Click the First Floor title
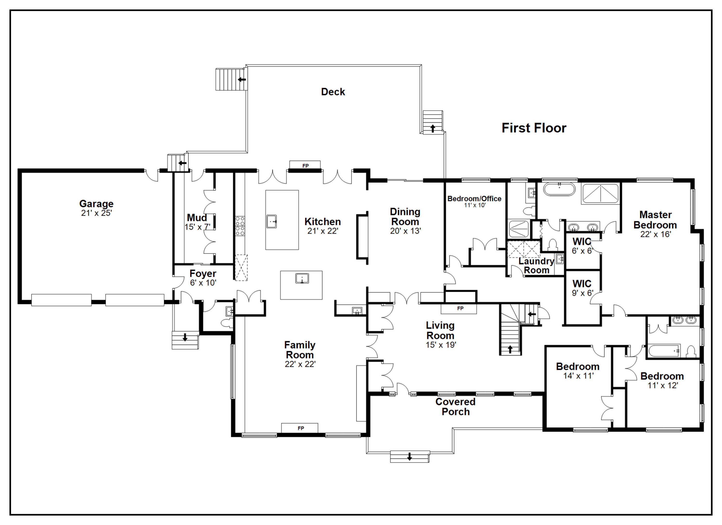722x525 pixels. (534, 128)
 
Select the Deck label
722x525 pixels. (333, 92)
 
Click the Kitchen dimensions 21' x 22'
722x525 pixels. (322, 231)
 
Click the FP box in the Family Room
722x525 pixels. (300, 428)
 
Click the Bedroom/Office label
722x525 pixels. (474, 199)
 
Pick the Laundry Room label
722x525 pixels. (536, 266)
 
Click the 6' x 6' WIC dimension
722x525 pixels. (582, 251)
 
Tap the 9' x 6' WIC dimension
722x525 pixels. (582, 293)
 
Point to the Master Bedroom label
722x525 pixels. (655, 220)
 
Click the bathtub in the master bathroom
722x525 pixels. (559, 189)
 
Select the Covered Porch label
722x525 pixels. (456, 407)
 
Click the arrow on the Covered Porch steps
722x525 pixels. (410, 457)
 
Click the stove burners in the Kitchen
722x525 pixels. (240, 226)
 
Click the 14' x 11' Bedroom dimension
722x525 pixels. (578, 376)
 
